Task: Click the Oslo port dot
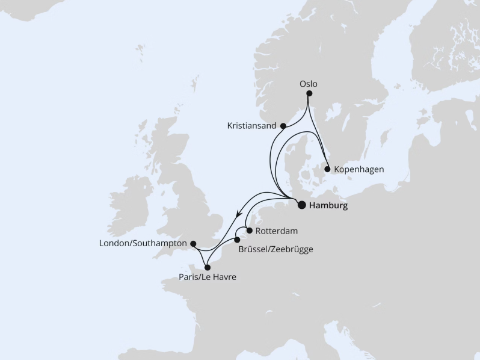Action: (309, 93)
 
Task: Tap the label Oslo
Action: (309, 84)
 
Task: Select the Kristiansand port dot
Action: (283, 126)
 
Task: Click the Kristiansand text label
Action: (251, 126)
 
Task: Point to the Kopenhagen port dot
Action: (327, 169)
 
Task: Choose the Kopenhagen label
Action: (358, 170)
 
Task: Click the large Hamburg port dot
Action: (302, 205)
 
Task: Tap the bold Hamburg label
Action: (328, 205)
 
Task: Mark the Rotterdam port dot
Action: (249, 230)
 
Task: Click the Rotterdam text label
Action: (277, 231)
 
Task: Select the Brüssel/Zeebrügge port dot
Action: (237, 240)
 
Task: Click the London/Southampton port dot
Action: (193, 244)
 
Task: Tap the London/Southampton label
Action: (144, 244)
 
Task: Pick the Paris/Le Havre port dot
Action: (207, 267)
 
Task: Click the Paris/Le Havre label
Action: (208, 278)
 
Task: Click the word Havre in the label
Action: (224, 278)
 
